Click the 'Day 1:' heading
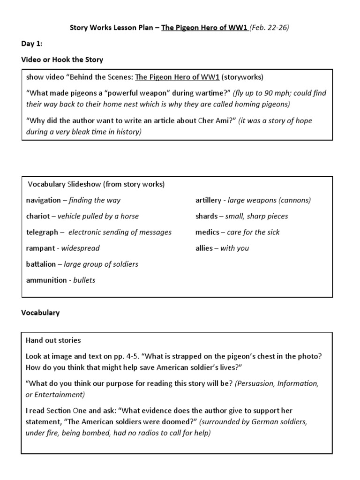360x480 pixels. [32, 44]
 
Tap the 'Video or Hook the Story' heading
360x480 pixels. [62, 60]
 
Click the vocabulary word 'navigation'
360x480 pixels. [43, 200]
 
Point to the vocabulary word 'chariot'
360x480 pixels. [38, 216]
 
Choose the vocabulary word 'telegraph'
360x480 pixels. [42, 232]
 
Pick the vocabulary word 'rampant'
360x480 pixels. [40, 248]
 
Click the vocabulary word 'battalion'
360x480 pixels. [41, 264]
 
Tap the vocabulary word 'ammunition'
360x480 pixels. [46, 280]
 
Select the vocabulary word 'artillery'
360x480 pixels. [208, 200]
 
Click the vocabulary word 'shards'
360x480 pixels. [206, 216]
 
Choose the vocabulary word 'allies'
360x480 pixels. [204, 248]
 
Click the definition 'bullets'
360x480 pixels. [84, 280]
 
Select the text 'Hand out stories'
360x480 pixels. [53, 340]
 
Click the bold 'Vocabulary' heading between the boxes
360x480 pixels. [40, 313]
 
